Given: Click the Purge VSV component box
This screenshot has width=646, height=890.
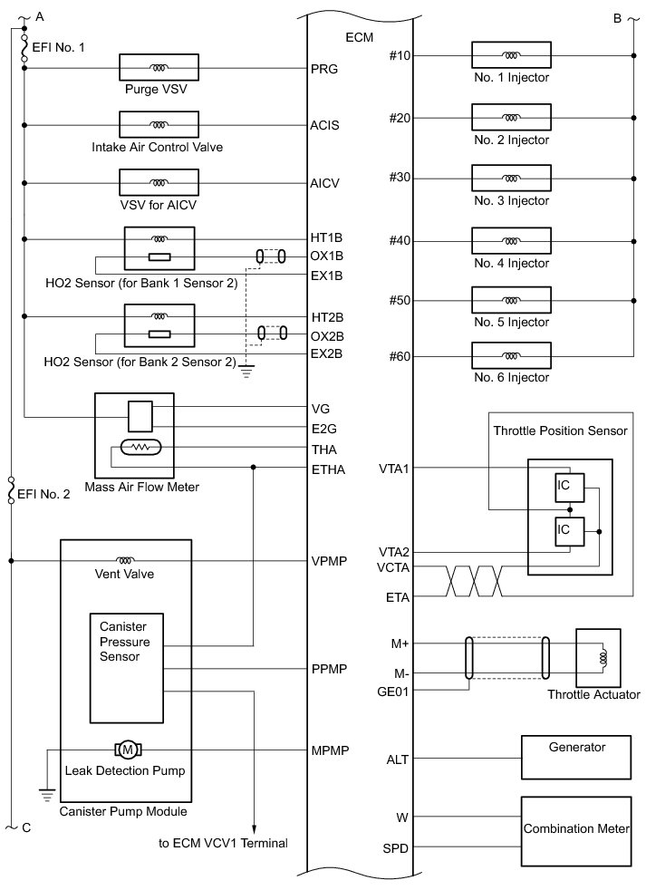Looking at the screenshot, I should pyautogui.click(x=159, y=68).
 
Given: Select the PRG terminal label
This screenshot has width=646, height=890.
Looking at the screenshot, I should pyautogui.click(x=324, y=69).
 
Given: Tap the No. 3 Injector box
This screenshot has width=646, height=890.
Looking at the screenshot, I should pyautogui.click(x=511, y=178).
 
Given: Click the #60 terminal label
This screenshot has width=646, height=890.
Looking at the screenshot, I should pyautogui.click(x=400, y=356).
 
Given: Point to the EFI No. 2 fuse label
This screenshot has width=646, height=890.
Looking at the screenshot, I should pyautogui.click(x=46, y=493).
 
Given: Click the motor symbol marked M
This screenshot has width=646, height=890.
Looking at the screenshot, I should pyautogui.click(x=127, y=749).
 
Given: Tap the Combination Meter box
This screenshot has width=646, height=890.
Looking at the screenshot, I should pyautogui.click(x=576, y=829).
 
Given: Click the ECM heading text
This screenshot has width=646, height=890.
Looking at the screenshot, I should pyautogui.click(x=360, y=36).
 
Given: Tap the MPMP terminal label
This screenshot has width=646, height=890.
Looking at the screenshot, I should pyautogui.click(x=330, y=750).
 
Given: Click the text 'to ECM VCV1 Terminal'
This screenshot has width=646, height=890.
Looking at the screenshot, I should pyautogui.click(x=223, y=844).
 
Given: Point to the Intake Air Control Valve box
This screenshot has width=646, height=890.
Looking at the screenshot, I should pyautogui.click(x=159, y=125).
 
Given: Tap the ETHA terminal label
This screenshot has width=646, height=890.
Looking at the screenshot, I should pyautogui.click(x=328, y=469).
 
